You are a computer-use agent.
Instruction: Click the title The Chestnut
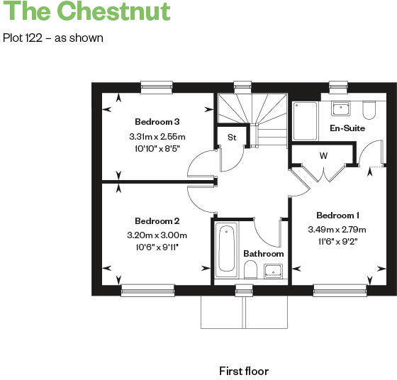pos(86,12)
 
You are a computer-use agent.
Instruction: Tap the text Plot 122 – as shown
pos(53,38)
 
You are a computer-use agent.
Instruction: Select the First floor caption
pos(244,371)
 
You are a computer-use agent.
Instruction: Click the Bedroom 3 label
pos(157,122)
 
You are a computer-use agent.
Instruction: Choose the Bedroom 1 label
pos(337,216)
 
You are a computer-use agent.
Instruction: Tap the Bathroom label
pos(263,254)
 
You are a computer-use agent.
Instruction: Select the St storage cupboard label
pos(232,138)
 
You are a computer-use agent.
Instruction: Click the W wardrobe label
pos(323,155)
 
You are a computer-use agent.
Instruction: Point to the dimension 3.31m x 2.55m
pos(157,136)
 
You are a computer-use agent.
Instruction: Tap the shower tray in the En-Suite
pos(306,121)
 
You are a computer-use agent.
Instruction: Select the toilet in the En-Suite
pos(368,109)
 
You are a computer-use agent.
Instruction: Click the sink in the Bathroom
pos(274,270)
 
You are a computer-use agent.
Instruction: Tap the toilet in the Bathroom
pos(250,269)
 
